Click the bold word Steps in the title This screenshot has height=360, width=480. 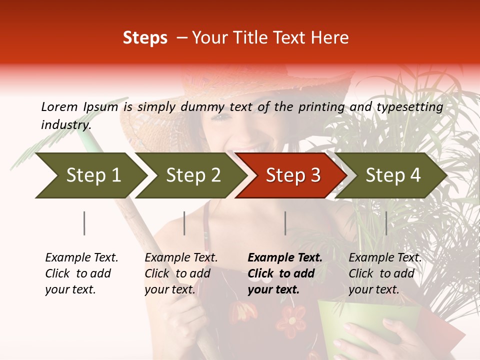click(x=145, y=38)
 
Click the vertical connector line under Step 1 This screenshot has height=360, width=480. click(x=84, y=223)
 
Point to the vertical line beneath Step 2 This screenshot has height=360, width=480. click(x=184, y=223)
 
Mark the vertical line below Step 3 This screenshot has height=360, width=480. click(x=285, y=223)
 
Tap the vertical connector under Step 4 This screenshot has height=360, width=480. click(x=386, y=223)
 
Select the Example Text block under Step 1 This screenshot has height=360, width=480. click(x=81, y=273)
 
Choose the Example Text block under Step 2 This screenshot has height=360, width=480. click(x=181, y=273)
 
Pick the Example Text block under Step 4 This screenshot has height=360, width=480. click(x=385, y=273)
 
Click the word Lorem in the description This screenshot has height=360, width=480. click(x=59, y=107)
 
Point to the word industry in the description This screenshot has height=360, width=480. click(x=65, y=125)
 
